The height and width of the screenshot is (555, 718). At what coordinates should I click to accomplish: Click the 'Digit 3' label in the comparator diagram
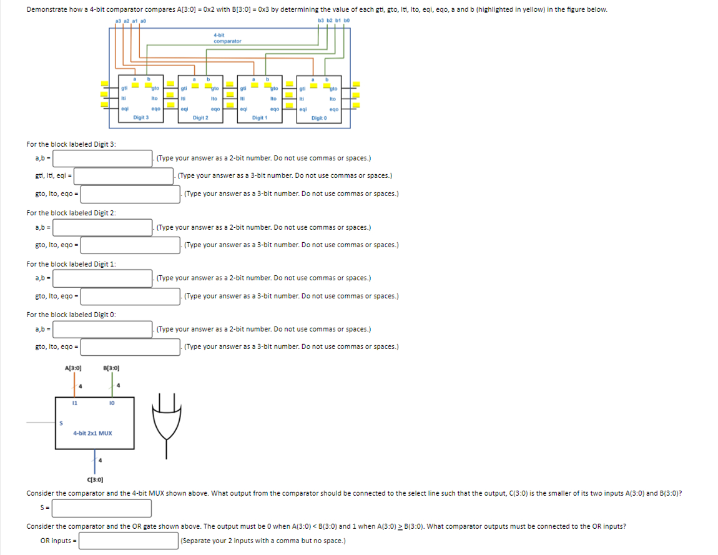(x=140, y=117)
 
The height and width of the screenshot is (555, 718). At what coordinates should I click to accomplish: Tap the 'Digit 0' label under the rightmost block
(x=319, y=117)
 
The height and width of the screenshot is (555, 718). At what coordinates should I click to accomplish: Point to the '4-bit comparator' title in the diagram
(x=227, y=38)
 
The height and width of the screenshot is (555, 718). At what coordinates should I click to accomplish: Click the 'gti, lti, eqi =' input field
(x=124, y=177)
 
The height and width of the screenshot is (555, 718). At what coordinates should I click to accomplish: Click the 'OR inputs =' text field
(x=128, y=541)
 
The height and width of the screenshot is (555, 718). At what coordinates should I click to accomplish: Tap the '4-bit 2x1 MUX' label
(x=92, y=433)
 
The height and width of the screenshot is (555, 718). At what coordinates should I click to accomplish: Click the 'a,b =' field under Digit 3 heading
(x=103, y=159)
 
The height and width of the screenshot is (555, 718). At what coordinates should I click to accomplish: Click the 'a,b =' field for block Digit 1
(x=103, y=278)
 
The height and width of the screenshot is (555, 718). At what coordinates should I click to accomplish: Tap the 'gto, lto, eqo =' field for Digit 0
(x=130, y=347)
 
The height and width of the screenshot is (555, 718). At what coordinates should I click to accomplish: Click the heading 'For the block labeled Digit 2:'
(x=71, y=213)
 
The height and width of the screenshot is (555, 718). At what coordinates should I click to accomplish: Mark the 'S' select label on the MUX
(x=61, y=423)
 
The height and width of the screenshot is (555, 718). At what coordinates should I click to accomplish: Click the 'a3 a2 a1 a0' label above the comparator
(x=132, y=22)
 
